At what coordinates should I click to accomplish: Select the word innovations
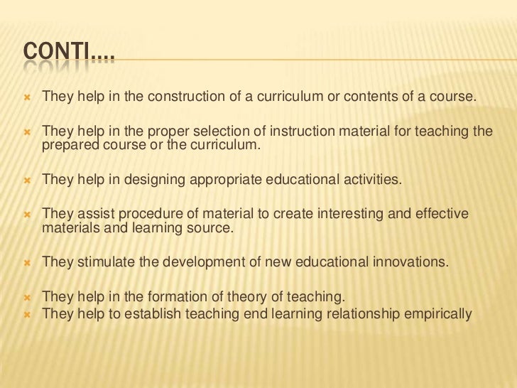coord(408,261)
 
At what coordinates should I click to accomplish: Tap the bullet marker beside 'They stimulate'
coord(28,261)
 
